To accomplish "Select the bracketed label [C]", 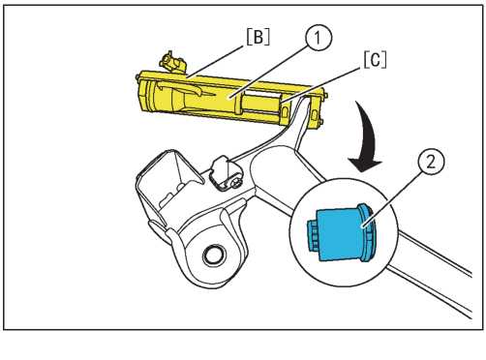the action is [x=375, y=60].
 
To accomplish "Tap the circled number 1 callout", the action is [x=318, y=38].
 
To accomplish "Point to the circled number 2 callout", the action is [x=431, y=162].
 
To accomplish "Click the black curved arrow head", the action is [x=365, y=164].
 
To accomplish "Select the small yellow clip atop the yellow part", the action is [x=172, y=63].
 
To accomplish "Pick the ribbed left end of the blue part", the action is [x=312, y=234].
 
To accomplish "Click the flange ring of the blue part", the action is [x=367, y=232].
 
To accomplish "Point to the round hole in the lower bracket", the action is [x=213, y=255].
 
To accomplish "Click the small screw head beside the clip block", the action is [x=236, y=183].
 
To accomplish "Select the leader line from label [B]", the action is [x=215, y=62].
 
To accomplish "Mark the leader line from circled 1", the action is [x=269, y=73].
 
